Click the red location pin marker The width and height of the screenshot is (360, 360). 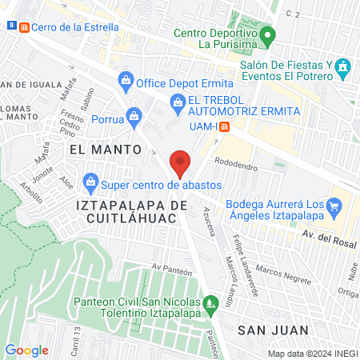[181, 163]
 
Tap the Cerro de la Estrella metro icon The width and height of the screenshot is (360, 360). [25, 26]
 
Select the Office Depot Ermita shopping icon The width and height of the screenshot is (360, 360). [126, 80]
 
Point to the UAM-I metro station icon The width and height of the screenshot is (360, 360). [226, 126]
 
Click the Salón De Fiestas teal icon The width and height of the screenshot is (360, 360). [344, 66]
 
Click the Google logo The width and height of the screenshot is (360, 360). [27, 350]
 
